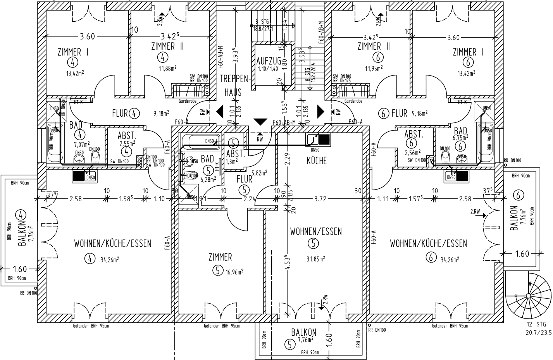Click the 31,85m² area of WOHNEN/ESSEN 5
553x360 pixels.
[316, 259]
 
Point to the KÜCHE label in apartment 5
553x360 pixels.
[317, 160]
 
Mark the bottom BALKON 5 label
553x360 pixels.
[303, 332]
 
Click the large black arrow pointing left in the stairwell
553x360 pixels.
[220, 112]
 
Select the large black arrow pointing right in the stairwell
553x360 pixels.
[320, 112]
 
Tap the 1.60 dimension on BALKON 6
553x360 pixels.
[522, 254]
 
